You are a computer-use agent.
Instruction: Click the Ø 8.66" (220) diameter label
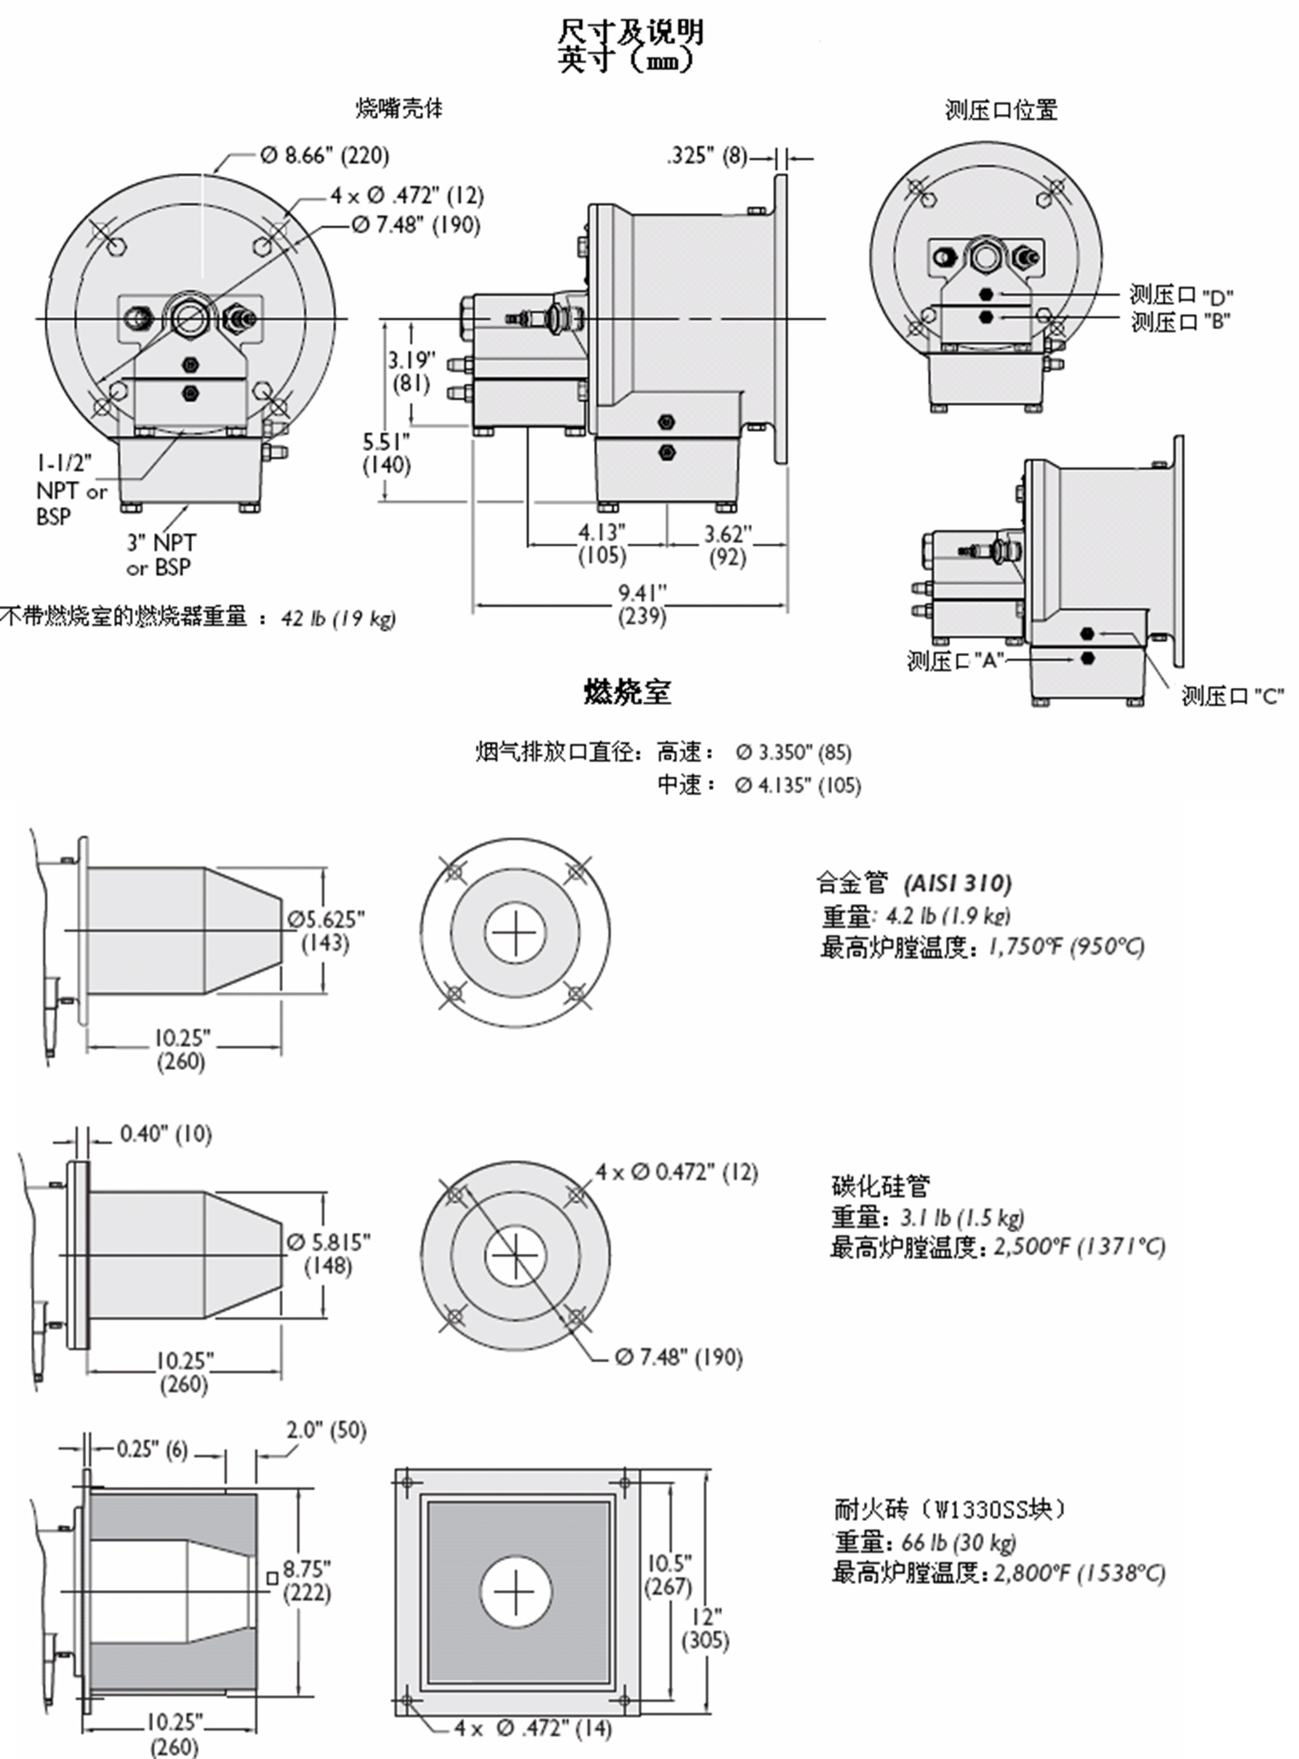[325, 155]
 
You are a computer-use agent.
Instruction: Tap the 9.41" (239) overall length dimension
[642, 603]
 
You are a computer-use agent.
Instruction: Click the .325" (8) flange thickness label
[708, 155]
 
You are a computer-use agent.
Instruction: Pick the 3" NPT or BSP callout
[161, 555]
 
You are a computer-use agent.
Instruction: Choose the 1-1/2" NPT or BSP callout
[71, 489]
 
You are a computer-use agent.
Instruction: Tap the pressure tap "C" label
[1232, 696]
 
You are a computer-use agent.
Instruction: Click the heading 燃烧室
[627, 692]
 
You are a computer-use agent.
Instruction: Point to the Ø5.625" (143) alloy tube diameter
[326, 930]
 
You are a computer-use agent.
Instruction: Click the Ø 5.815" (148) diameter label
[328, 1254]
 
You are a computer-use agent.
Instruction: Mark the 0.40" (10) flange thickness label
[166, 1134]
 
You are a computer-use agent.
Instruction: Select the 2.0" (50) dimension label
[326, 1430]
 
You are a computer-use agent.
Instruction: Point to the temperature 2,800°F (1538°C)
[1080, 1573]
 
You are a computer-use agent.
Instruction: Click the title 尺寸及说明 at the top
[630, 32]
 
